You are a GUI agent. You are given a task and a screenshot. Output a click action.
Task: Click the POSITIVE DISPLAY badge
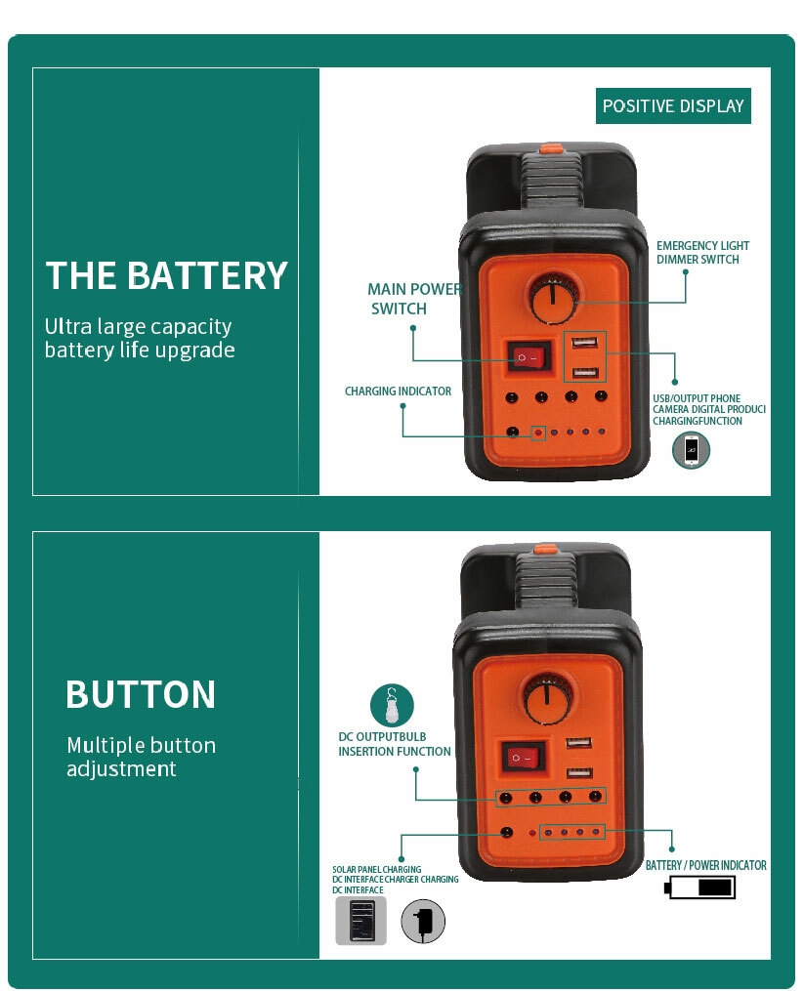click(x=673, y=105)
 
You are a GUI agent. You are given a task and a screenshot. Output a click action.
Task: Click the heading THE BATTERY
click(x=167, y=276)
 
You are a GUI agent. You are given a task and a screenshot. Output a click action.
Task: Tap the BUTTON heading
click(x=141, y=695)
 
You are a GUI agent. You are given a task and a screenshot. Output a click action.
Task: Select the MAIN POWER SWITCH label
click(x=413, y=299)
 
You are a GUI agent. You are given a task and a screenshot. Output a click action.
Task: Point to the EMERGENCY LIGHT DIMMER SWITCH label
click(x=702, y=253)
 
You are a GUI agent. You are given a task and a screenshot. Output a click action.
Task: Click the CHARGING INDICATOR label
click(x=398, y=392)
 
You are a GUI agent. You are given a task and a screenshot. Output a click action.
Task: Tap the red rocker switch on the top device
click(x=529, y=357)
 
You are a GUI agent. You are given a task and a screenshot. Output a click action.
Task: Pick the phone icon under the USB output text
click(x=692, y=449)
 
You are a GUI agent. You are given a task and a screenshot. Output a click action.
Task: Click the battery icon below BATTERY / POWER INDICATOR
click(x=699, y=888)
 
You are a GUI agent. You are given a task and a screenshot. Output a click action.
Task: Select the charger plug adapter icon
click(x=423, y=921)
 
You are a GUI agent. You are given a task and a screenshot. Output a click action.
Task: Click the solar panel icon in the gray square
click(x=361, y=921)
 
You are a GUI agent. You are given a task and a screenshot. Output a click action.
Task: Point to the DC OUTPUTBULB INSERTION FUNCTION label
click(x=395, y=744)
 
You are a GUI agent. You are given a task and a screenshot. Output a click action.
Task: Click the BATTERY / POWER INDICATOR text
click(x=705, y=866)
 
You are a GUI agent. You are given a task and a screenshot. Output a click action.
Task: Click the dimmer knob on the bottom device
click(x=548, y=697)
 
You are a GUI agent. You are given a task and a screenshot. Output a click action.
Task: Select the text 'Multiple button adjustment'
click(x=141, y=757)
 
